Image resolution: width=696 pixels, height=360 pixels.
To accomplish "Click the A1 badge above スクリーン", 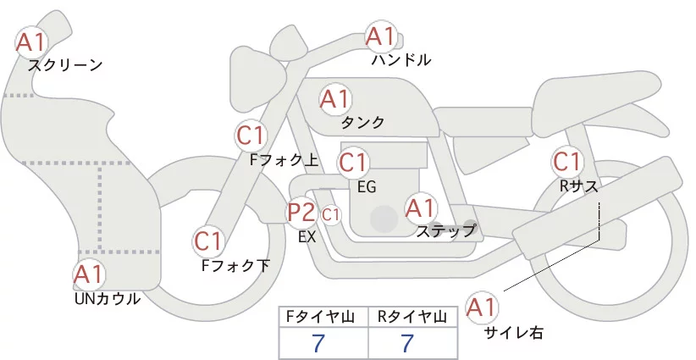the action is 32,40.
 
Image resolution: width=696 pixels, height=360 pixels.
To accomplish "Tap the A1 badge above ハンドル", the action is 380,36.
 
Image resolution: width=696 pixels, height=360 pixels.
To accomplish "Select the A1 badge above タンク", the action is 334,98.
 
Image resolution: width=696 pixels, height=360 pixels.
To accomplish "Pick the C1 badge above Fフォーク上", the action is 251,135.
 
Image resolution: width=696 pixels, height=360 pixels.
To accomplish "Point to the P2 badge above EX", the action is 301,212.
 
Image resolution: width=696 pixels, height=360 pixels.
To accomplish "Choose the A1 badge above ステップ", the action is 420,207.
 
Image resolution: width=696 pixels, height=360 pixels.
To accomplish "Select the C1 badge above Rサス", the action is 566,161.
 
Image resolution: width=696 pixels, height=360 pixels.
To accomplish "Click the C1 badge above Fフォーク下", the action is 207,241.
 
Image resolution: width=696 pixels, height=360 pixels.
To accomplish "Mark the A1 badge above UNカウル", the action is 88,274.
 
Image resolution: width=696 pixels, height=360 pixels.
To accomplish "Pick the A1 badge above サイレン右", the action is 483,307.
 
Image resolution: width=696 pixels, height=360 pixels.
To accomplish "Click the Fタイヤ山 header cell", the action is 324,317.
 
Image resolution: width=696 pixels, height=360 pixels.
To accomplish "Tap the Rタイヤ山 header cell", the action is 414,317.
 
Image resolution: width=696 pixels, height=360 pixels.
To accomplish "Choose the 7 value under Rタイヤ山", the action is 407,342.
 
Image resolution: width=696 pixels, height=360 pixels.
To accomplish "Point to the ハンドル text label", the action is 401,60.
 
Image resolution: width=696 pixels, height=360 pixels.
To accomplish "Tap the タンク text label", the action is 362,123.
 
